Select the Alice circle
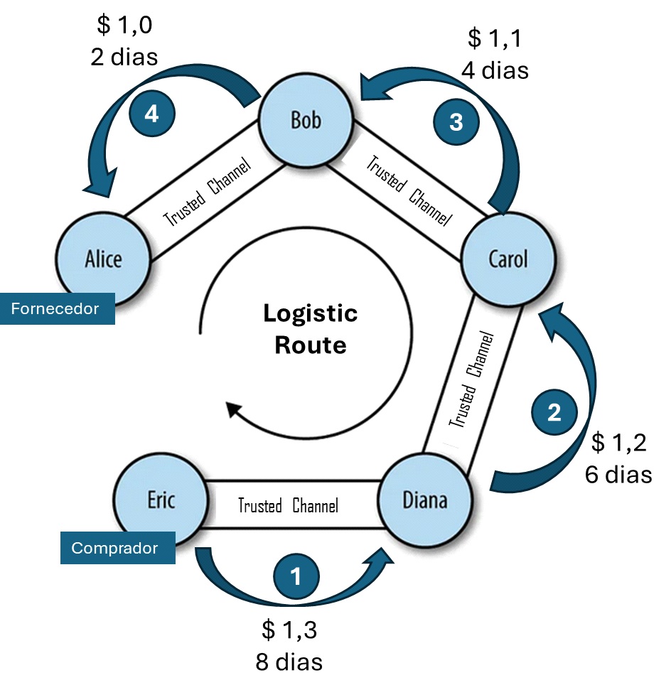(x=103, y=258)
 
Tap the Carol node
(x=508, y=259)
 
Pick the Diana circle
(x=425, y=500)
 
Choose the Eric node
(x=161, y=500)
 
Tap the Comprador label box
(x=117, y=549)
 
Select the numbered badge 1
(x=296, y=576)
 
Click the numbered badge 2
(x=554, y=413)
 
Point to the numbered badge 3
(x=456, y=122)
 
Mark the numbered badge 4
(x=151, y=114)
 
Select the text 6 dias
(x=618, y=474)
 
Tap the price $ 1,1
(x=495, y=38)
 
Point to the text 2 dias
(x=124, y=57)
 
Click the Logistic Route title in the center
(x=311, y=329)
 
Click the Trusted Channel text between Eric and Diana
(x=288, y=506)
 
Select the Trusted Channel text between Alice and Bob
(x=208, y=193)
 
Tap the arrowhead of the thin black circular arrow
(x=231, y=411)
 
